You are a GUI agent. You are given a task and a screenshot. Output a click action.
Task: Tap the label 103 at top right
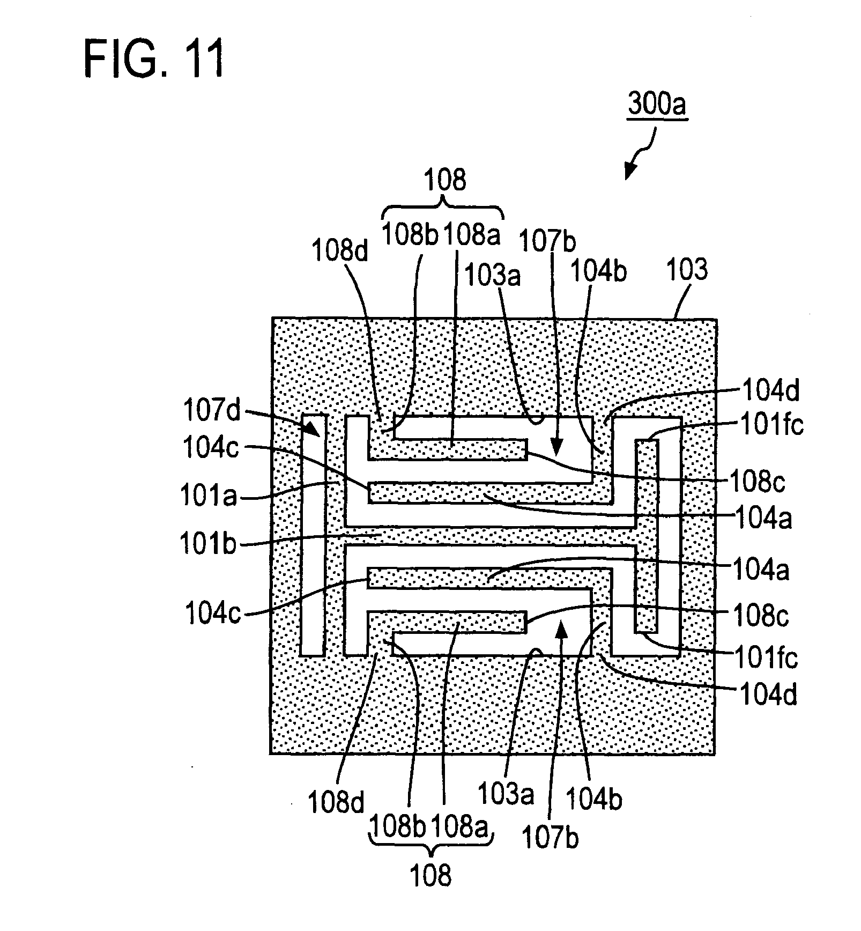click(687, 270)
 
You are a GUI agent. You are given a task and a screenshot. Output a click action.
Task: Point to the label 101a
click(209, 496)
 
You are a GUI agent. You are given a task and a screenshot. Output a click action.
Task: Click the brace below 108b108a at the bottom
click(430, 848)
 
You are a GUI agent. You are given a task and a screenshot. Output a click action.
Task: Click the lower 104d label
click(768, 695)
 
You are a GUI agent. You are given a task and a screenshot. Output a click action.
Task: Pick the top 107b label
click(548, 242)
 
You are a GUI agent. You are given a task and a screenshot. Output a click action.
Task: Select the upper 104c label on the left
click(211, 448)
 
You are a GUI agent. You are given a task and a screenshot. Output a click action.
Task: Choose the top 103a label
click(492, 277)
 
